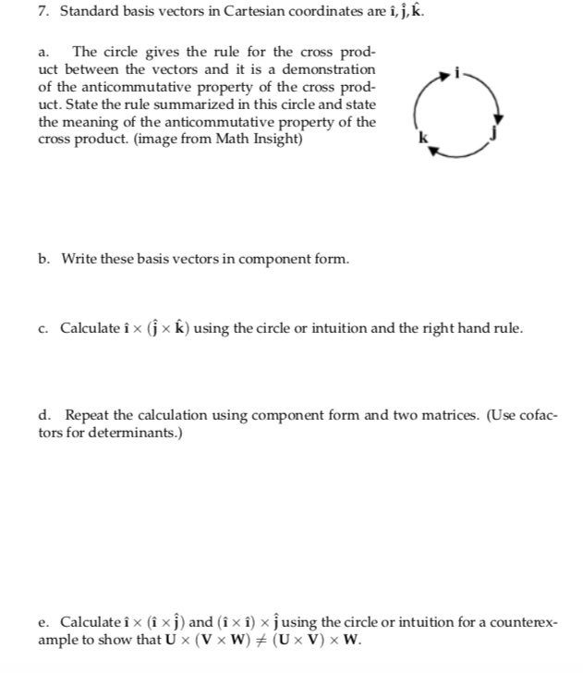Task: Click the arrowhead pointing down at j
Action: tap(500, 118)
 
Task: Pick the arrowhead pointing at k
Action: tap(435, 152)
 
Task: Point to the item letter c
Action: tap(44, 328)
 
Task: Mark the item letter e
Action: tap(44, 622)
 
